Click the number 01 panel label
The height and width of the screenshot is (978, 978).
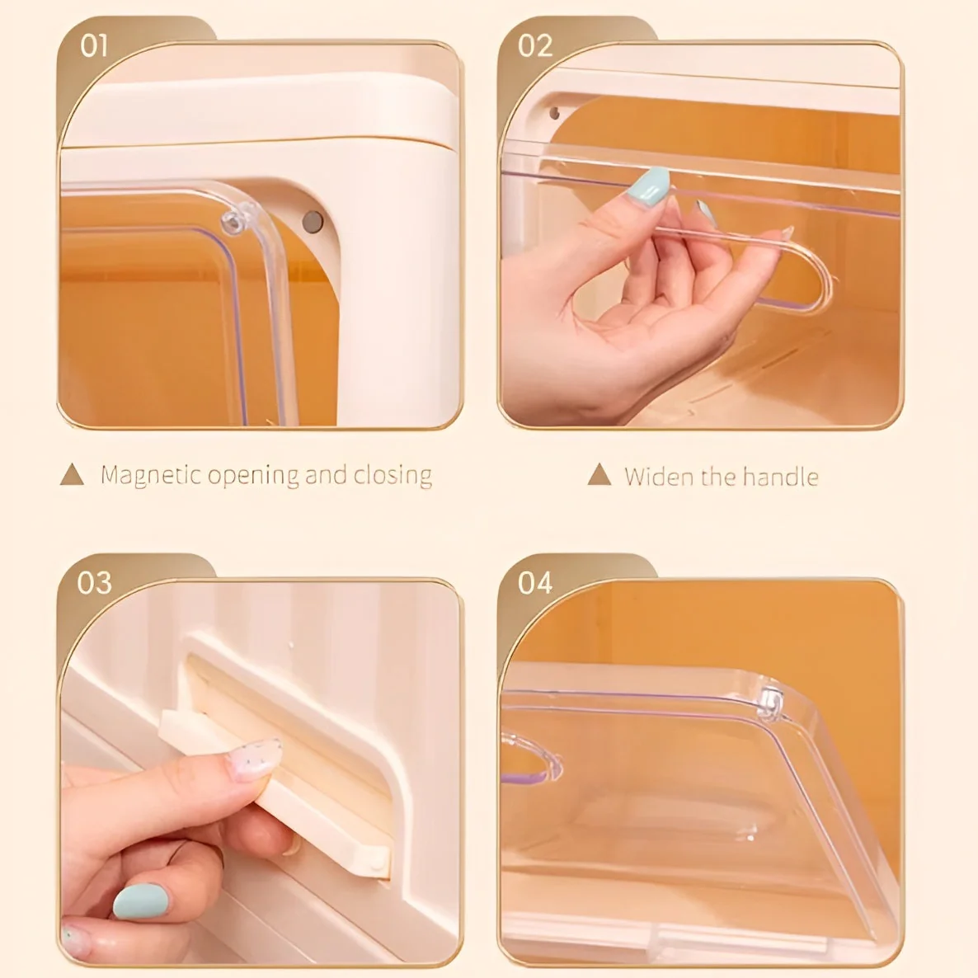[x=94, y=45]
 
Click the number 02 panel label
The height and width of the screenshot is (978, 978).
[x=534, y=45]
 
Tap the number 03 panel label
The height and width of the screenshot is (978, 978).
[x=94, y=583]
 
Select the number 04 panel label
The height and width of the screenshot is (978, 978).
[x=534, y=583]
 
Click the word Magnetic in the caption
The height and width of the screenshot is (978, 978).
[x=151, y=475]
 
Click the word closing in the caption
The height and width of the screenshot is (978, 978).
[x=393, y=475]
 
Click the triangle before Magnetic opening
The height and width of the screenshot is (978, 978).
[x=73, y=474]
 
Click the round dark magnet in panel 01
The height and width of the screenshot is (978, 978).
[x=313, y=221]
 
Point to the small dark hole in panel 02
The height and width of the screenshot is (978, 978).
[x=554, y=113]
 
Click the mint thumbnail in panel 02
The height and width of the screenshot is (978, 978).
[x=649, y=186]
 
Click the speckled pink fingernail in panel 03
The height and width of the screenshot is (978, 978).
[x=254, y=759]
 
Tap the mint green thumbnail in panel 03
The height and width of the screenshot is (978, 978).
[x=140, y=901]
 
